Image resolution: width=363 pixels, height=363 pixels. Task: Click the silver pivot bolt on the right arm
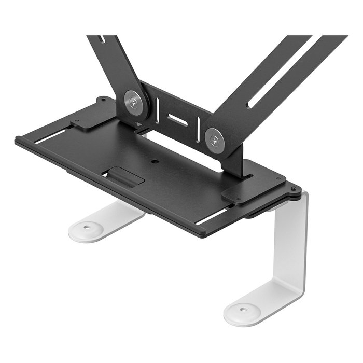tap(215, 139)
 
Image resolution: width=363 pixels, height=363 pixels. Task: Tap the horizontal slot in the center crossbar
tap(177, 120)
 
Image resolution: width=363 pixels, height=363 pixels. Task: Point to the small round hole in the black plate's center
tap(155, 161)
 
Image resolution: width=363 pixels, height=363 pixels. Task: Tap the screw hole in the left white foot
tap(86, 227)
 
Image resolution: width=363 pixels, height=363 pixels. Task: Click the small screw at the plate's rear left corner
tap(104, 99)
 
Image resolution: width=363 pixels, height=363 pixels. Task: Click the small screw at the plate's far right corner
tap(294, 188)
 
